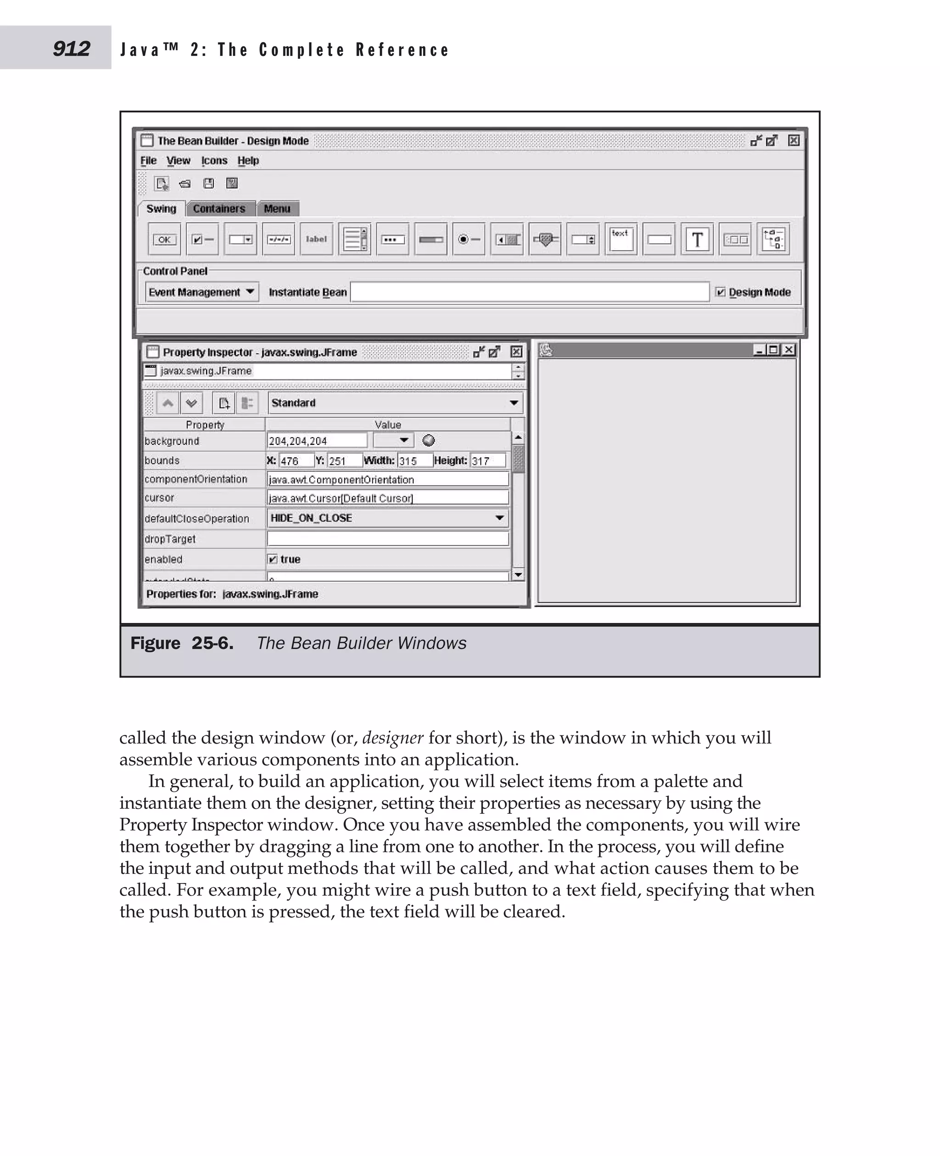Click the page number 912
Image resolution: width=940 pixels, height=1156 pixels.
pos(72,49)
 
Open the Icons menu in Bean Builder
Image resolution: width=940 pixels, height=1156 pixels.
pos(214,161)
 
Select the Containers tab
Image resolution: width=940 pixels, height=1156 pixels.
pos(219,209)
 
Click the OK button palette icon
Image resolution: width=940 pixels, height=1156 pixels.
pos(164,239)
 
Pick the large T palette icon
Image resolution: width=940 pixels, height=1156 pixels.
pos(697,239)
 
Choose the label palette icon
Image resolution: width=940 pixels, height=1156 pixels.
pos(316,239)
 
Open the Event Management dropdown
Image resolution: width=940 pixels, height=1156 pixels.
pos(201,292)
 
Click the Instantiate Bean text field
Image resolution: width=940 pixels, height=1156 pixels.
pos(529,292)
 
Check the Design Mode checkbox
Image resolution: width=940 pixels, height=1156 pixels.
pos(720,292)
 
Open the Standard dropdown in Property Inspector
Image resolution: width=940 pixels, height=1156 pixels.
pos(395,403)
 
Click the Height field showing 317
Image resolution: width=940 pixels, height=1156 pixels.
pos(487,461)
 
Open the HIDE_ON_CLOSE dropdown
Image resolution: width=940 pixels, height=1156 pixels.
pos(388,518)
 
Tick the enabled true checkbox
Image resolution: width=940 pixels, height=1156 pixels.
pos(273,559)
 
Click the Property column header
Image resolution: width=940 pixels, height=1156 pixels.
pos(205,425)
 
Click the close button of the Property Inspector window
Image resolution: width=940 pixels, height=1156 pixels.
pos(516,352)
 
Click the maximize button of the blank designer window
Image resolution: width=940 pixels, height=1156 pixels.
pos(774,350)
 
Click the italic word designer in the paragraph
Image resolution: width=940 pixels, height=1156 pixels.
pos(392,738)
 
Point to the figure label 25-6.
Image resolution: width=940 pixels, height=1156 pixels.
pos(212,643)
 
